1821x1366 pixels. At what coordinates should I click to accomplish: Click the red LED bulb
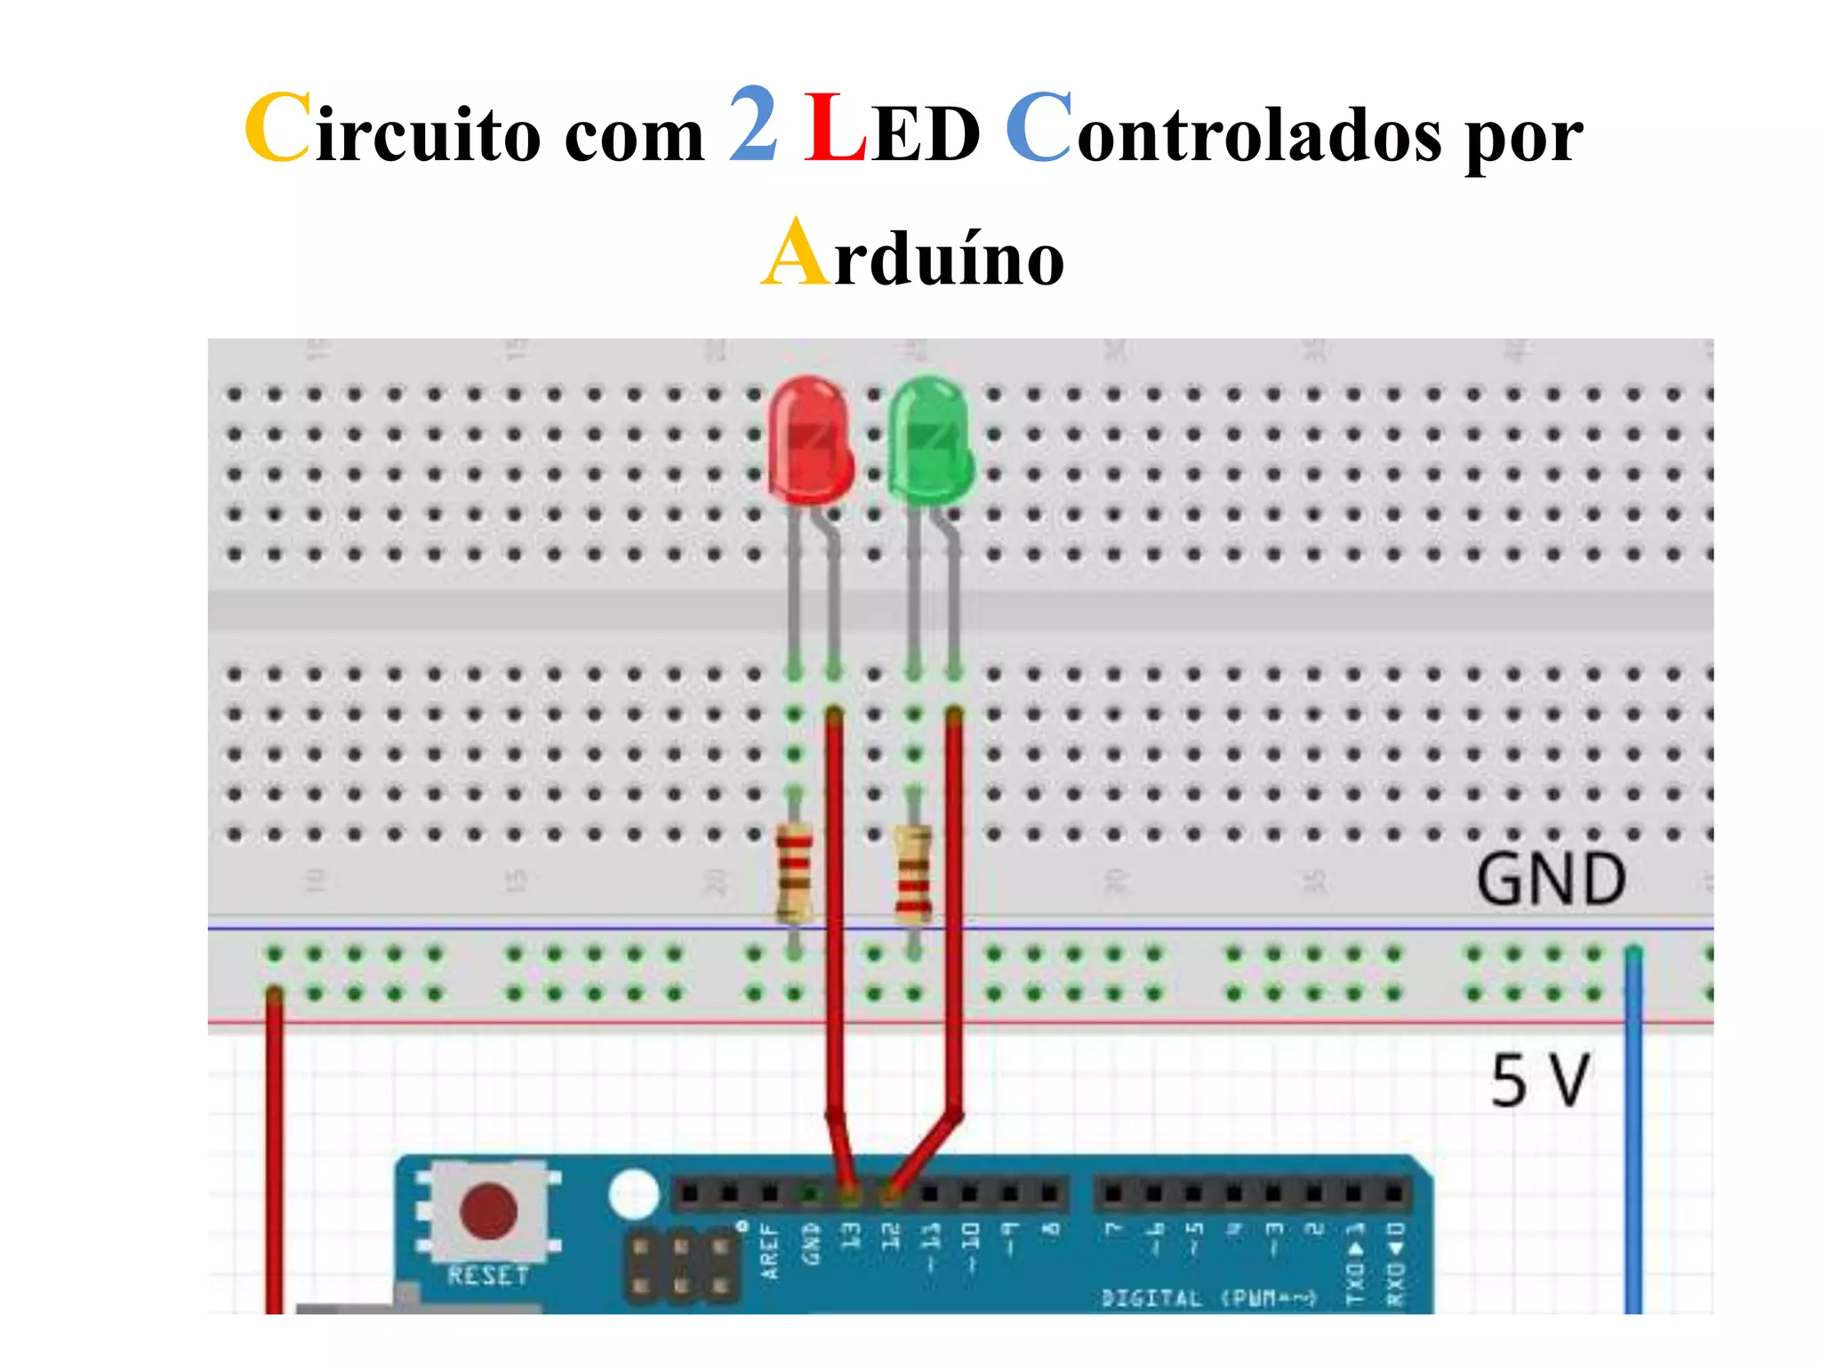[x=809, y=438]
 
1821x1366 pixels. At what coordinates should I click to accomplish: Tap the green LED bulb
[x=930, y=438]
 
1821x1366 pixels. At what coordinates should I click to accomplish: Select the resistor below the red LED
[x=794, y=872]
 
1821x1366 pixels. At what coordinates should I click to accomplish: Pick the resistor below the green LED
[x=913, y=872]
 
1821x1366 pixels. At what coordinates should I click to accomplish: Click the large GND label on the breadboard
[x=1552, y=880]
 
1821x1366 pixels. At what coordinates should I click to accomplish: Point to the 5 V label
[x=1539, y=1081]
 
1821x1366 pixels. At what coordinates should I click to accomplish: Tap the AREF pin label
[x=770, y=1252]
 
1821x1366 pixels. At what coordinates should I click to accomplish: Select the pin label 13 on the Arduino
[x=851, y=1235]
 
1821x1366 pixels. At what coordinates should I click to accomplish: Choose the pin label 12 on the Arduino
[x=890, y=1235]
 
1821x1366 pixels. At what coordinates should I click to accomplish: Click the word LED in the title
[x=892, y=132]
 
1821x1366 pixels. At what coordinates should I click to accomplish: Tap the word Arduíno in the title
[x=913, y=256]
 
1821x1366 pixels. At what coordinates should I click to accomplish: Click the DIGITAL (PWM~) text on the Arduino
[x=1208, y=1298]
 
